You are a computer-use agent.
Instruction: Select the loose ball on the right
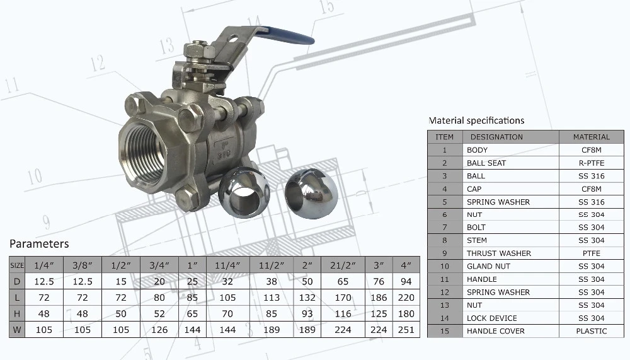pyautogui.click(x=311, y=193)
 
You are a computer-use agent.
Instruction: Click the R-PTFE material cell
pyautogui.click(x=591, y=163)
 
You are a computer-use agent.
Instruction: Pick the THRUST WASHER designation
pyautogui.click(x=498, y=253)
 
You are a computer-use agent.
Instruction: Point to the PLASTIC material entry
pyautogui.click(x=591, y=331)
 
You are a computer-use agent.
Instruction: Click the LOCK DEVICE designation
pyautogui.click(x=492, y=318)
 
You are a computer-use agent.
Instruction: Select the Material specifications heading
pyautogui.click(x=476, y=120)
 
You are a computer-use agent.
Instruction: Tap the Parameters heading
pyautogui.click(x=39, y=244)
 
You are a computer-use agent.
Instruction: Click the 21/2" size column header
pyautogui.click(x=343, y=265)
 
